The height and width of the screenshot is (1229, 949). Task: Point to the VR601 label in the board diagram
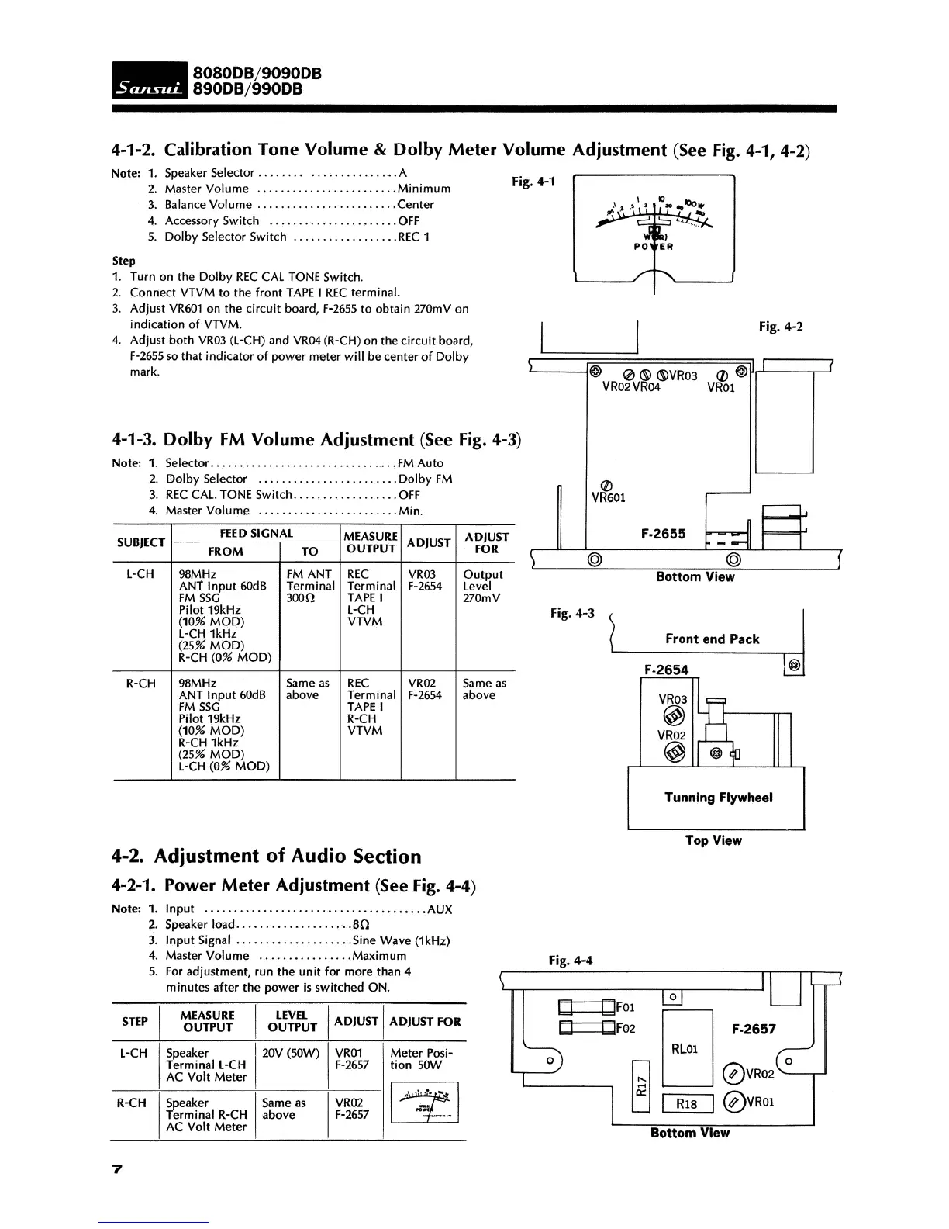tap(608, 497)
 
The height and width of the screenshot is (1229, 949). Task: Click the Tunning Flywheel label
tap(718, 798)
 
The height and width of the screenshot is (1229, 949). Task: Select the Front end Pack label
tap(712, 639)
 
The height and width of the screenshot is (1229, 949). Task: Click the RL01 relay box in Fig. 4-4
tap(685, 1048)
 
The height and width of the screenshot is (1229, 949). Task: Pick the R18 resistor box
tap(687, 1103)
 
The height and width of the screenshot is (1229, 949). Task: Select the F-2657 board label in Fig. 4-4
tap(754, 1029)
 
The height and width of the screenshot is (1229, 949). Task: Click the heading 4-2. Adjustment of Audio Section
tap(266, 857)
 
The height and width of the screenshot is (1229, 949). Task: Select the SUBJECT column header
tap(141, 542)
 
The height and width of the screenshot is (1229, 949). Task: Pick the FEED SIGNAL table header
tap(256, 534)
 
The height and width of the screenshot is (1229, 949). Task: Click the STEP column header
tap(135, 1021)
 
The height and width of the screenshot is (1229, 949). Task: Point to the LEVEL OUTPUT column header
tap(292, 1021)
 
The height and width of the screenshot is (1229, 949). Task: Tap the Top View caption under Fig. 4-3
tap(713, 840)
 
